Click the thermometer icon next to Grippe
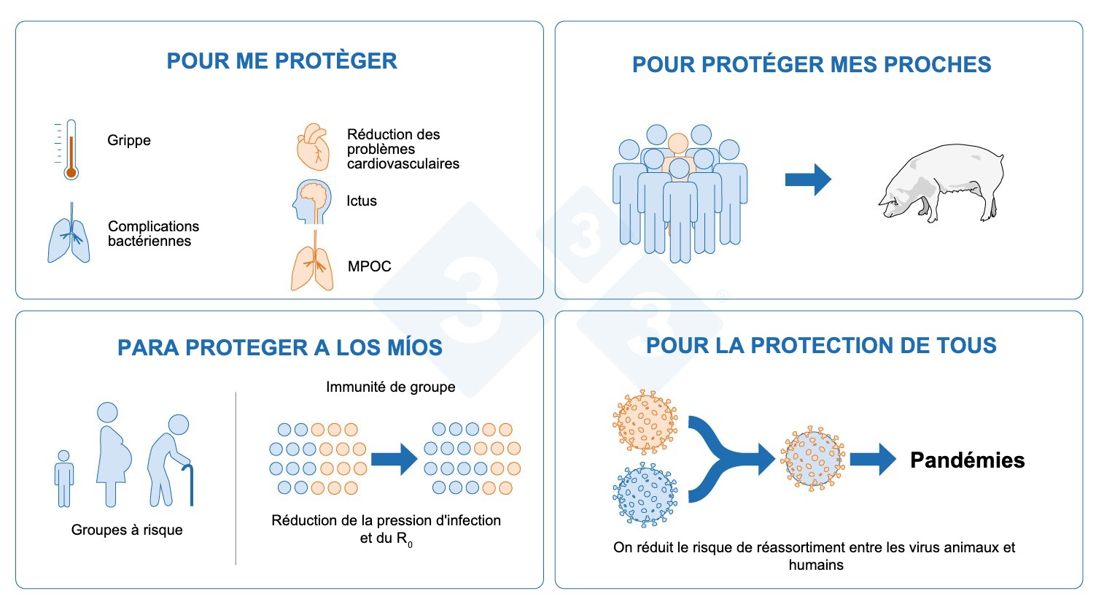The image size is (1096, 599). pyautogui.click(x=69, y=150)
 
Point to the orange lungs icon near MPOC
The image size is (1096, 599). pyautogui.click(x=313, y=266)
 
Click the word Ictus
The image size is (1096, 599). pyautogui.click(x=362, y=201)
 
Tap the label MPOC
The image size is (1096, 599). pyautogui.click(x=369, y=266)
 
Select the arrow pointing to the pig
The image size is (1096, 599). pyautogui.click(x=808, y=179)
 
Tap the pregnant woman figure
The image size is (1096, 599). pyautogui.click(x=114, y=452)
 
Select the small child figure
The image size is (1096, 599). pyautogui.click(x=64, y=478)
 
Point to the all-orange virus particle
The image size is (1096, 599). pyautogui.click(x=645, y=422)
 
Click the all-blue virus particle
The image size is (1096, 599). pyautogui.click(x=645, y=495)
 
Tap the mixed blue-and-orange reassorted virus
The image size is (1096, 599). pyautogui.click(x=812, y=459)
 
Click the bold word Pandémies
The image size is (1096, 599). pyautogui.click(x=967, y=460)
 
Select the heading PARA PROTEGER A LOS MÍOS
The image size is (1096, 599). pyautogui.click(x=280, y=347)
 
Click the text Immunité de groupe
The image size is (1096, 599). pyautogui.click(x=390, y=387)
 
